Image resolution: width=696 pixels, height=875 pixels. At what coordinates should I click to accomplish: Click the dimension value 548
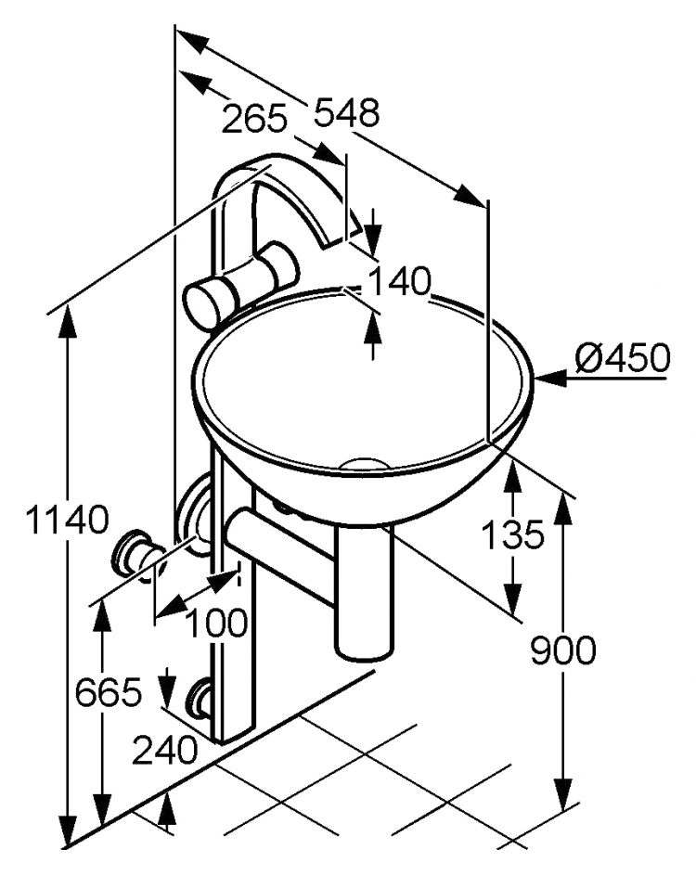[346, 112]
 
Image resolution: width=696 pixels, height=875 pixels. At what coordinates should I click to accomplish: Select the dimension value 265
[254, 119]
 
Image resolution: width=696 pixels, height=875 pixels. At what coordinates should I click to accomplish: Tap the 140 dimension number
[401, 281]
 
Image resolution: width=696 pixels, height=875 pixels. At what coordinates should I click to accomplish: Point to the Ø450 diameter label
[623, 357]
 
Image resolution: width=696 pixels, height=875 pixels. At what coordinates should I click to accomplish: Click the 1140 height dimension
[67, 519]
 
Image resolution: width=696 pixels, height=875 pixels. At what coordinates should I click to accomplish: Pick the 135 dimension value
[512, 534]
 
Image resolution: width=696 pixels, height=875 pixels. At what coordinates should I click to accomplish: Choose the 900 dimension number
[563, 650]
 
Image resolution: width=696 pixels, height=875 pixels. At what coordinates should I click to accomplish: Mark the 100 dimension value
[216, 623]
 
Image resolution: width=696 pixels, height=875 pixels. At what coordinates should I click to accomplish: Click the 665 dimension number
[109, 693]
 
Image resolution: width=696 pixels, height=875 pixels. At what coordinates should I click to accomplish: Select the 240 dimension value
[164, 751]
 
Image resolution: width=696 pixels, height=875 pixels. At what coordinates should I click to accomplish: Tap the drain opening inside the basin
[364, 463]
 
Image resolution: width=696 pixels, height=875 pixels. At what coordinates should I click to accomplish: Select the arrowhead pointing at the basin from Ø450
[548, 379]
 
